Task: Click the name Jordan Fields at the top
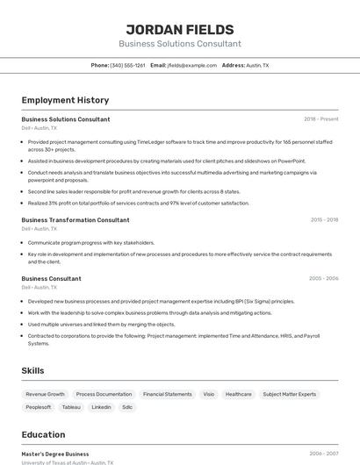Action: [x=179, y=29]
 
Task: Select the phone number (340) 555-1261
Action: [x=127, y=66]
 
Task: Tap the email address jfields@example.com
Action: [x=192, y=66]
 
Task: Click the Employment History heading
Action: [x=65, y=100]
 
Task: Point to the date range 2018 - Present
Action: [x=320, y=119]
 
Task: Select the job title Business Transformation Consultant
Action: [x=75, y=220]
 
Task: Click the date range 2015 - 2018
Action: [x=324, y=220]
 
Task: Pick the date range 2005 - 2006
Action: [x=323, y=278]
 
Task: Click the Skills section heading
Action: [x=32, y=371]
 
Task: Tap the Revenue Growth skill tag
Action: [x=46, y=395]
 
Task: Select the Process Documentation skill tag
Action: [x=104, y=395]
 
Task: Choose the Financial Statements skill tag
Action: [x=167, y=395]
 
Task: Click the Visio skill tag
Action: [x=209, y=395]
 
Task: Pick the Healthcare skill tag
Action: [x=238, y=395]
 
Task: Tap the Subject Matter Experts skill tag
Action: [x=289, y=395]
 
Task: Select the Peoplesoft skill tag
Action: [x=39, y=407]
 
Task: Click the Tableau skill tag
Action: [x=71, y=407]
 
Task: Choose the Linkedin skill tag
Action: [x=101, y=407]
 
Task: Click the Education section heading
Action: [x=43, y=434]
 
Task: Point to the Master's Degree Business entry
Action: [x=54, y=454]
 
